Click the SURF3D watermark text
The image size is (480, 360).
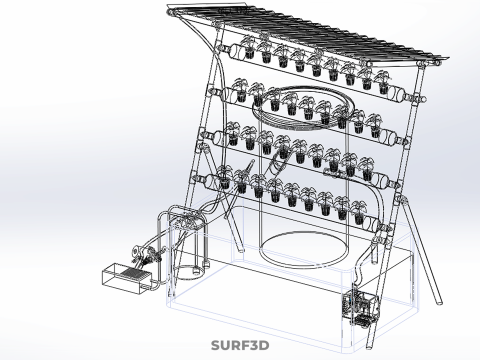pos(240,345)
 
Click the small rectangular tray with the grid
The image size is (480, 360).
pos(126,278)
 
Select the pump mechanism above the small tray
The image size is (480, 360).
pos(146,256)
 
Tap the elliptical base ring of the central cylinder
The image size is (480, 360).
pos(303,250)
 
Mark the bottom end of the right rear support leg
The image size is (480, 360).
pos(439,301)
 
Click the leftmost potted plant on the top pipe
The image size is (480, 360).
pos(248,47)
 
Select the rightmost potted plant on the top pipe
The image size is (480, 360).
pos(382,82)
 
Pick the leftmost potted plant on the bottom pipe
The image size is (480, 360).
pos(224,178)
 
